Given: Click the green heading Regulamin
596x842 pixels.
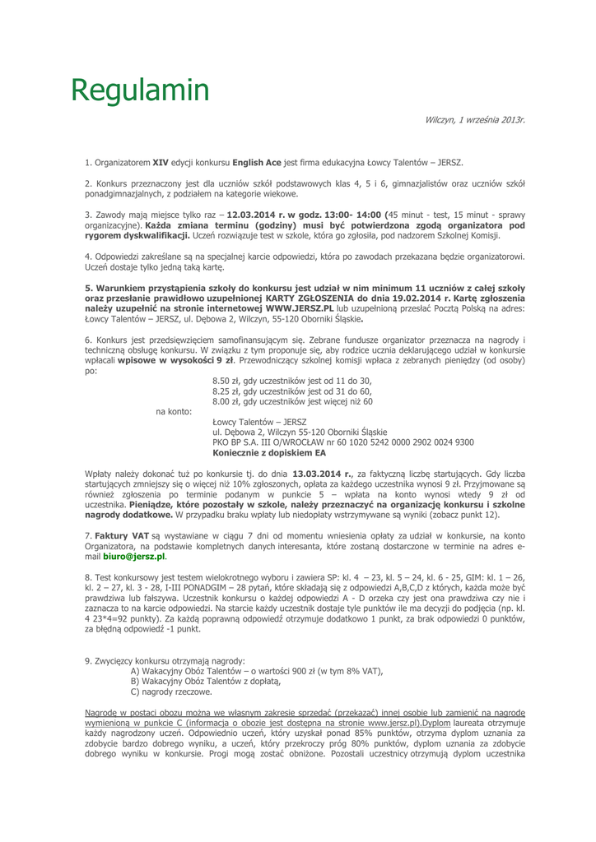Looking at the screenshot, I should [x=138, y=90].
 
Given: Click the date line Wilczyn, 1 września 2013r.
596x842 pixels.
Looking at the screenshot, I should [x=475, y=120].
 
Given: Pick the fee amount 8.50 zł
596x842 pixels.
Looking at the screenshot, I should [x=228, y=380].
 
